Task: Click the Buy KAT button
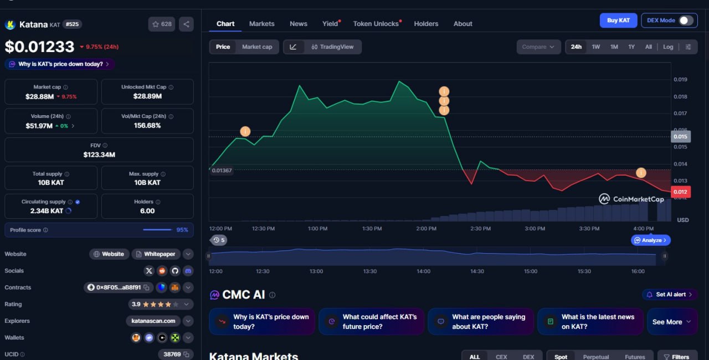tap(618, 20)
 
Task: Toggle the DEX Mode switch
tap(686, 20)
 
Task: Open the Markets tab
tap(262, 24)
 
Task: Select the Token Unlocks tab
tap(376, 24)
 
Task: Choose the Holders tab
tap(426, 24)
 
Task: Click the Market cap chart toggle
tap(257, 47)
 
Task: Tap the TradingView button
tap(332, 47)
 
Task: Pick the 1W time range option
tap(595, 47)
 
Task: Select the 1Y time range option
tap(631, 47)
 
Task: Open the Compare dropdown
tap(538, 47)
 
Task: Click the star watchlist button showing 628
tap(162, 24)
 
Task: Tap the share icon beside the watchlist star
tap(186, 24)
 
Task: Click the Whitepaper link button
tap(156, 254)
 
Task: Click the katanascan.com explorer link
tap(153, 321)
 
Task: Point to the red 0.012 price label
tap(680, 192)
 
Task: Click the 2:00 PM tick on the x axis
tap(426, 228)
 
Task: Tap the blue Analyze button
tap(650, 240)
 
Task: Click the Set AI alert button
tap(670, 295)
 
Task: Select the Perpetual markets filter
tap(595, 357)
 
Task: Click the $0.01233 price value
tap(39, 47)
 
